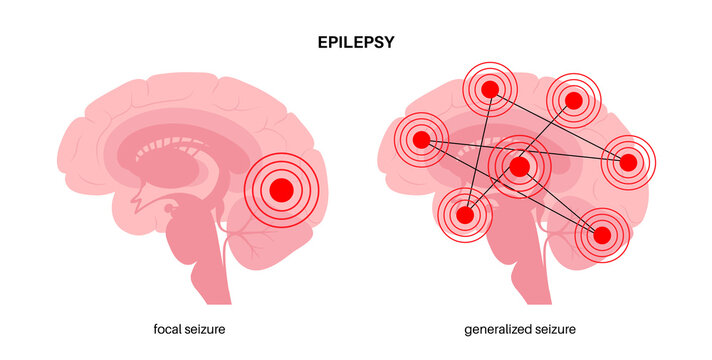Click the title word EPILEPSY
click(355, 43)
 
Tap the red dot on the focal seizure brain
click(281, 188)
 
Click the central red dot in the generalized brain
click(519, 167)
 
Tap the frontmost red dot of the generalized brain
click(421, 139)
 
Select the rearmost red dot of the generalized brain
click(628, 161)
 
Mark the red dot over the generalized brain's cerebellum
click(602, 235)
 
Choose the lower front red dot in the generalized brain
click(465, 214)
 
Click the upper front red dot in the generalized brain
click(490, 90)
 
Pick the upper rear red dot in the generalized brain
click(574, 99)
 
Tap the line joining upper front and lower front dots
click(478, 150)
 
